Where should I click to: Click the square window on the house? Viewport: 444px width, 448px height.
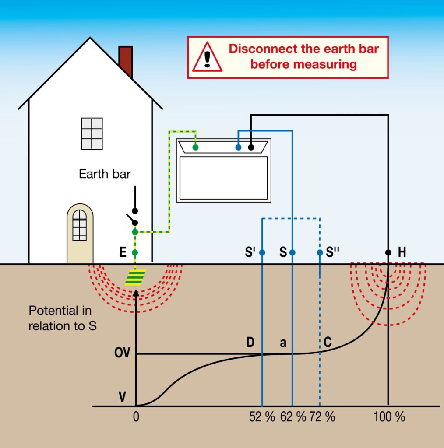click(x=92, y=133)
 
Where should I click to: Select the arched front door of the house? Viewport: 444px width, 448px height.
click(x=80, y=234)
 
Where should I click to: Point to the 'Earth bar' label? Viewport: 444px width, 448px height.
click(x=105, y=174)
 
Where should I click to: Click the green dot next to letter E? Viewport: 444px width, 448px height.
click(x=135, y=252)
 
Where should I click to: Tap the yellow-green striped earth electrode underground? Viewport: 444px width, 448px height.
click(x=135, y=278)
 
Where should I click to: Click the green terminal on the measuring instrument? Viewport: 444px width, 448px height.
click(x=195, y=147)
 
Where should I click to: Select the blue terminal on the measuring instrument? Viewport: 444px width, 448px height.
click(x=238, y=147)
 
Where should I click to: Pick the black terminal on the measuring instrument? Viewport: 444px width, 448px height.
click(x=251, y=147)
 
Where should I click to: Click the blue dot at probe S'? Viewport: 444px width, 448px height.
click(x=262, y=252)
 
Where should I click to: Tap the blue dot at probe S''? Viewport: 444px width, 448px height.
click(x=320, y=252)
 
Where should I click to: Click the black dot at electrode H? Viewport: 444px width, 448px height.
click(x=388, y=252)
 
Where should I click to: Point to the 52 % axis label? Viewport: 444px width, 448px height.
click(x=262, y=417)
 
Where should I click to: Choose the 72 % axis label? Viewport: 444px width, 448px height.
click(x=322, y=417)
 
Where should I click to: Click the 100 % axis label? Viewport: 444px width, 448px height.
click(x=389, y=417)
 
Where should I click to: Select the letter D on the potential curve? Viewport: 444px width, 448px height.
click(x=250, y=343)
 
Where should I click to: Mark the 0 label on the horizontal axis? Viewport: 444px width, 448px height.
click(x=136, y=417)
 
